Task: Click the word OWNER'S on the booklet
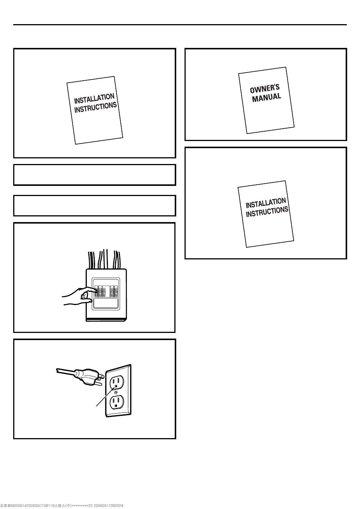pyautogui.click(x=265, y=89)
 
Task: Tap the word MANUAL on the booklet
pyautogui.click(x=266, y=98)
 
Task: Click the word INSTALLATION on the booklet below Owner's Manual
pyautogui.click(x=266, y=203)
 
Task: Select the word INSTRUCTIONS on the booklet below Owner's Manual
pyautogui.click(x=267, y=212)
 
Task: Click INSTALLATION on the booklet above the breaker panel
pyautogui.click(x=94, y=99)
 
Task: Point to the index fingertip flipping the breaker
pyautogui.click(x=95, y=290)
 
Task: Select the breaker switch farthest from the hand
pyautogui.click(x=116, y=291)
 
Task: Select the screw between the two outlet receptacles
pyautogui.click(x=116, y=392)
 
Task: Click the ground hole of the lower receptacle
pyautogui.click(x=116, y=411)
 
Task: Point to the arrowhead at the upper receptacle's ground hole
pyautogui.click(x=115, y=386)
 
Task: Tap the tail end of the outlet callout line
pyautogui.click(x=96, y=406)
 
